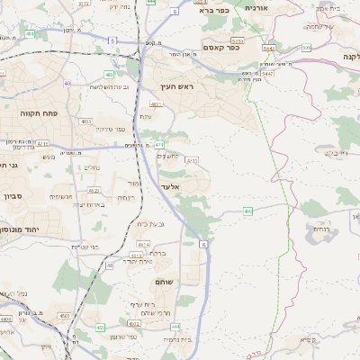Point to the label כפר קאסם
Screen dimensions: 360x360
pos(220,47)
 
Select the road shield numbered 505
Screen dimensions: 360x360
pos(307,47)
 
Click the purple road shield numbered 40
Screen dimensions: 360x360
pos(67,84)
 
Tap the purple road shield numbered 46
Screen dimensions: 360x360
pos(109,265)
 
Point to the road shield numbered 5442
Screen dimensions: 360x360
pos(267,48)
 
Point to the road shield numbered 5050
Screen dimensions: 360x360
pos(237,40)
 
